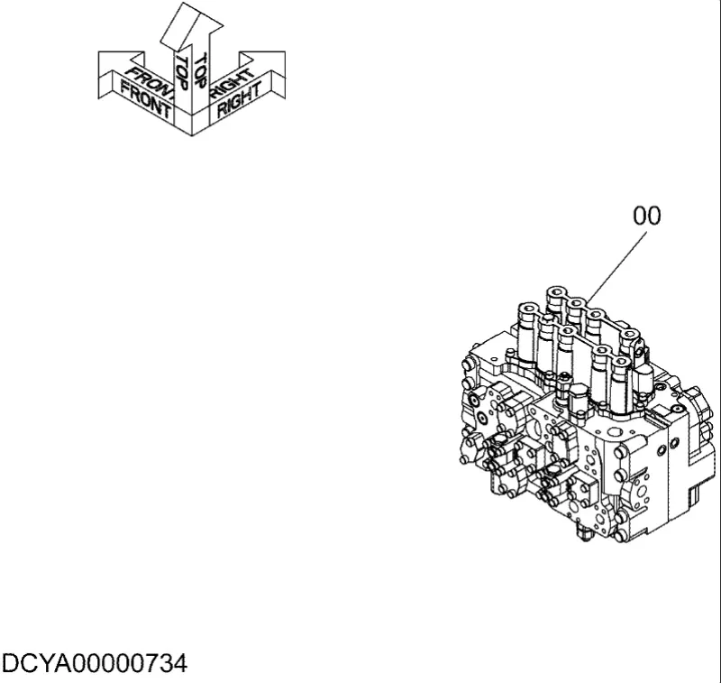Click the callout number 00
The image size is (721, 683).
646,216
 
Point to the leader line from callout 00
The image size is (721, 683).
616,267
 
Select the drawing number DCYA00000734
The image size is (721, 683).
95,664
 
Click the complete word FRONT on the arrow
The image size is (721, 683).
145,99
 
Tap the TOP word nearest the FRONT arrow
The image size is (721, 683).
182,73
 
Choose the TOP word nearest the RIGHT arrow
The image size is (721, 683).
200,70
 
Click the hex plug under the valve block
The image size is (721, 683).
583,535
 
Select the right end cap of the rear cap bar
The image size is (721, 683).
629,335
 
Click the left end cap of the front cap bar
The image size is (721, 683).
528,309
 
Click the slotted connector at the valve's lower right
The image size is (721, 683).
694,496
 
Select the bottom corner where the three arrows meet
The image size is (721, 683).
192,135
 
